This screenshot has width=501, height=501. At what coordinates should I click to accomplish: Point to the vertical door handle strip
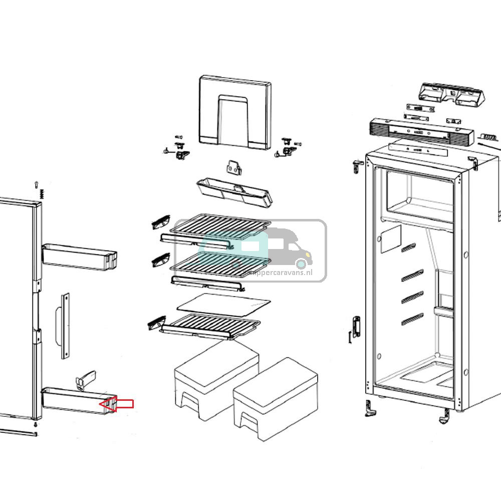[65, 326]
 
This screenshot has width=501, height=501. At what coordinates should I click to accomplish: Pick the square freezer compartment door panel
[235, 112]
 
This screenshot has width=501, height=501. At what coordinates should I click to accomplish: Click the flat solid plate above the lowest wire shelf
[224, 303]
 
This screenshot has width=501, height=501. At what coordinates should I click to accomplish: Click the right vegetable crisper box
[276, 398]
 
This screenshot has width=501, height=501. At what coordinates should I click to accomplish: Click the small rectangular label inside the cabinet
[390, 238]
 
